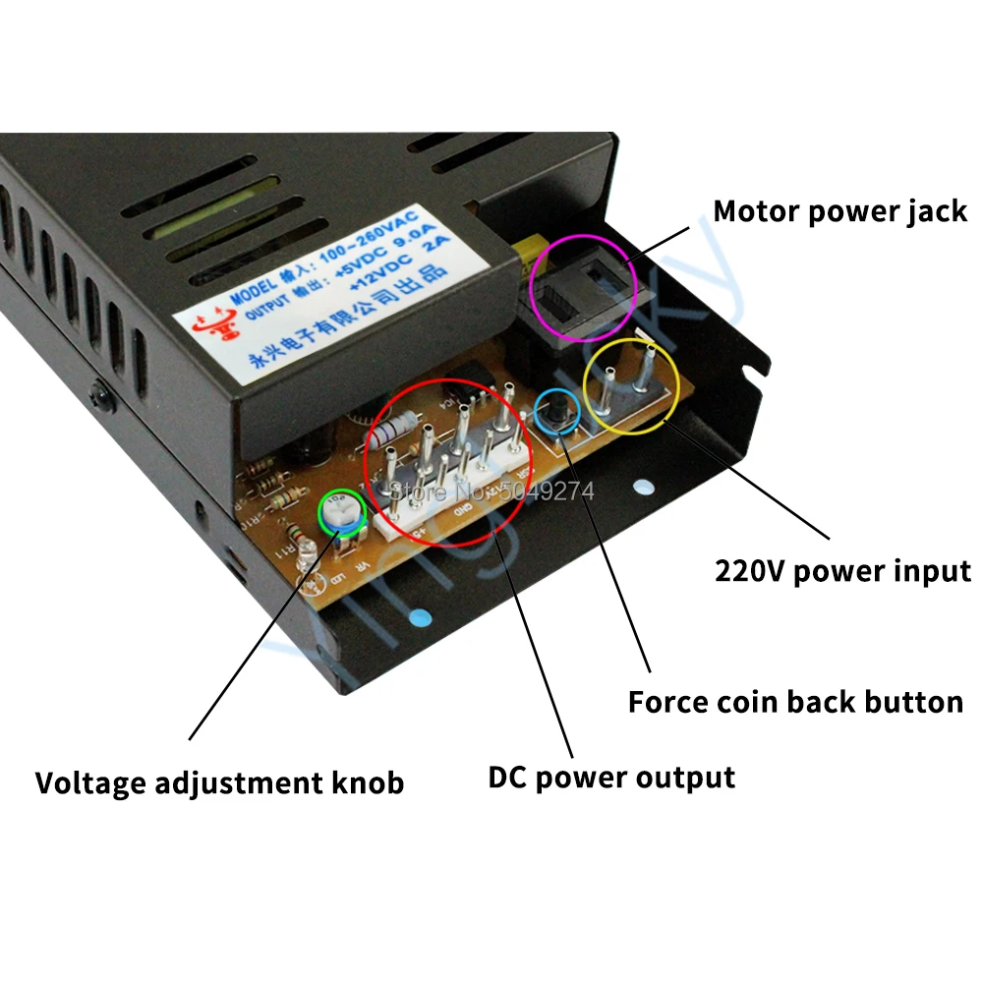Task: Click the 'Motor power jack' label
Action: coord(839,211)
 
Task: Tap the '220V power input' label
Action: coord(841,571)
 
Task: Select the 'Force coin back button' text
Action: coord(794,702)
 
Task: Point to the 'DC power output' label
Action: coord(611,778)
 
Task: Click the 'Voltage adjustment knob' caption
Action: coord(219,783)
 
